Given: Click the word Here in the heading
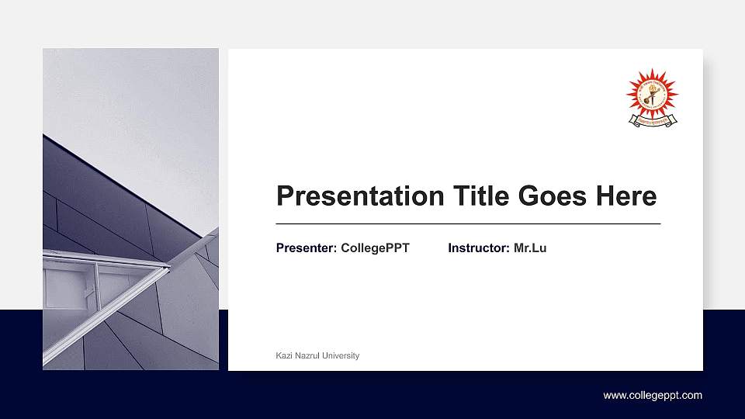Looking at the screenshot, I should (x=626, y=196).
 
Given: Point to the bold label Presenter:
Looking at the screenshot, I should (x=307, y=248).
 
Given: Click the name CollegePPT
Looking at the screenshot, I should (x=375, y=248).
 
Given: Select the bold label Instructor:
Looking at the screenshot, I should (x=479, y=248).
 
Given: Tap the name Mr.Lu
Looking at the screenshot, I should (x=530, y=248).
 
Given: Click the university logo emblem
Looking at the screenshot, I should (x=652, y=93).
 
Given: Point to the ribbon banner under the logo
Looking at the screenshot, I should (x=652, y=120).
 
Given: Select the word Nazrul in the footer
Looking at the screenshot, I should (x=308, y=355).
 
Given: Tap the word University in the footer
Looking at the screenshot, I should (x=341, y=355).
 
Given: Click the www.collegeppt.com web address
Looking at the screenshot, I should (x=653, y=396).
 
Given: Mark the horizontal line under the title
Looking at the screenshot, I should (x=468, y=223).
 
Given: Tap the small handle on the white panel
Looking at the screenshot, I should (x=89, y=292).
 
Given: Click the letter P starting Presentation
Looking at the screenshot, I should (x=285, y=196).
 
